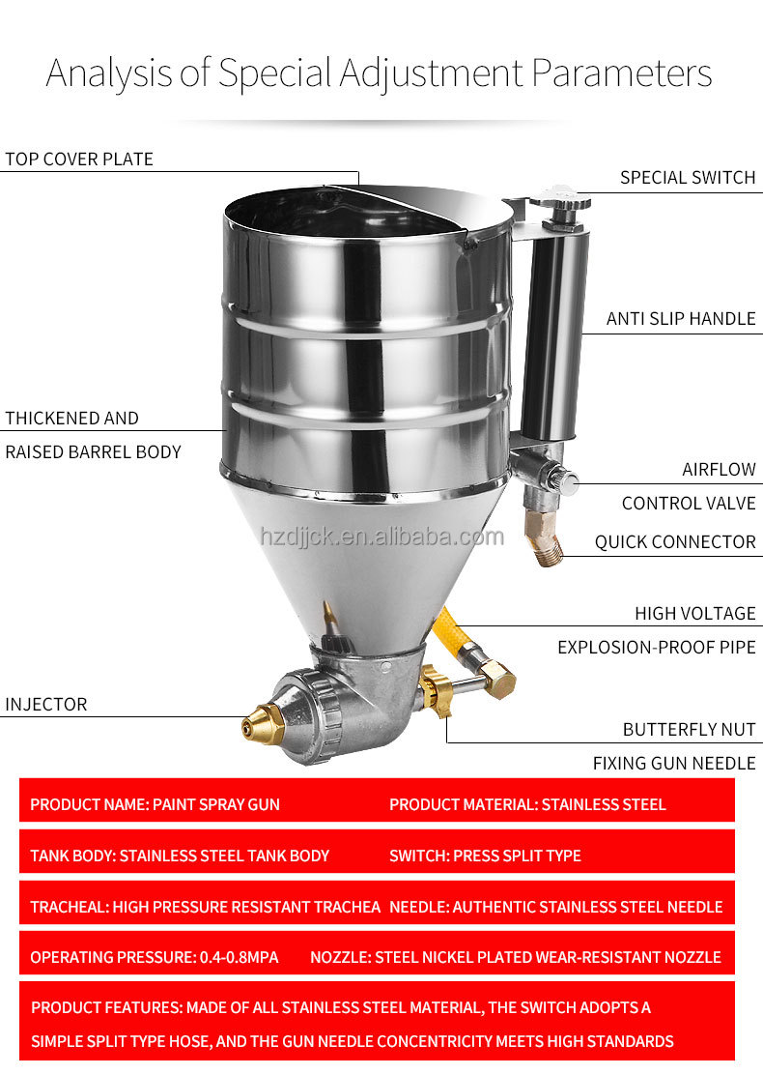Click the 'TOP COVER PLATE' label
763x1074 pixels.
click(x=79, y=160)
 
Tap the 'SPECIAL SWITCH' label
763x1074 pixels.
click(x=687, y=178)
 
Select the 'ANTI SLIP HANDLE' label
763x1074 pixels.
click(x=680, y=319)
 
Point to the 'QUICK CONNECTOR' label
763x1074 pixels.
click(x=674, y=542)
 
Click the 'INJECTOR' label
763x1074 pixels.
click(x=46, y=705)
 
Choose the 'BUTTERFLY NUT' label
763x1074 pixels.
click(x=689, y=730)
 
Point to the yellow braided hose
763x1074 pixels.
click(x=451, y=633)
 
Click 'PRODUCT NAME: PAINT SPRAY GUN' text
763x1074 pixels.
click(x=155, y=804)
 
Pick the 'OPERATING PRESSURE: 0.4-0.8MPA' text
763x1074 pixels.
click(x=154, y=957)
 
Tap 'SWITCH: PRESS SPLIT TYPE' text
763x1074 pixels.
click(x=485, y=856)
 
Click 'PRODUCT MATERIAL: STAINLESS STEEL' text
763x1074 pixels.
click(x=527, y=804)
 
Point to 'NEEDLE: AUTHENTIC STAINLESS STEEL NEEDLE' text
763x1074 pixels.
click(x=555, y=907)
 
